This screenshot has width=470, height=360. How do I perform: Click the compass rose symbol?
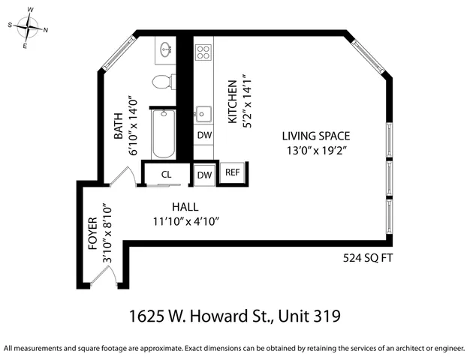pyautogui.click(x=29, y=28)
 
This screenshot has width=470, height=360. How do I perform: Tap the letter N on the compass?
pyautogui.click(x=46, y=31)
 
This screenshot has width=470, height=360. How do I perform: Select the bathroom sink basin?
pyautogui.click(x=165, y=51)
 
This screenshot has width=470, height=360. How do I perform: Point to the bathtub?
pyautogui.click(x=162, y=133)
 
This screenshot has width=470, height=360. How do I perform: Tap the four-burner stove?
pyautogui.click(x=203, y=52)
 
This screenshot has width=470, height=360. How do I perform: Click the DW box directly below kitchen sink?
pyautogui.click(x=204, y=136)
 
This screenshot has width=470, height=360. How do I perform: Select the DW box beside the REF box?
pyautogui.click(x=204, y=175)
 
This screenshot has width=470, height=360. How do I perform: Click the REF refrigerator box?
pyautogui.click(x=233, y=172)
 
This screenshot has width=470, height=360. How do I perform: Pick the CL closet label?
pyautogui.click(x=167, y=175)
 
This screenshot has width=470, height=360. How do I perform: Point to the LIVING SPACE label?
pyautogui.click(x=316, y=136)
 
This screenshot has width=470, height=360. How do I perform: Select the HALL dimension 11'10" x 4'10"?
pyautogui.click(x=185, y=221)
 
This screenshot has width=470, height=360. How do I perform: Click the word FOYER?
pyautogui.click(x=92, y=234)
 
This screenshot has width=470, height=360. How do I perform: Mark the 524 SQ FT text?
pyautogui.click(x=367, y=258)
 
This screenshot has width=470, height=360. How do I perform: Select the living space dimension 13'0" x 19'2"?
pyautogui.click(x=316, y=151)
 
